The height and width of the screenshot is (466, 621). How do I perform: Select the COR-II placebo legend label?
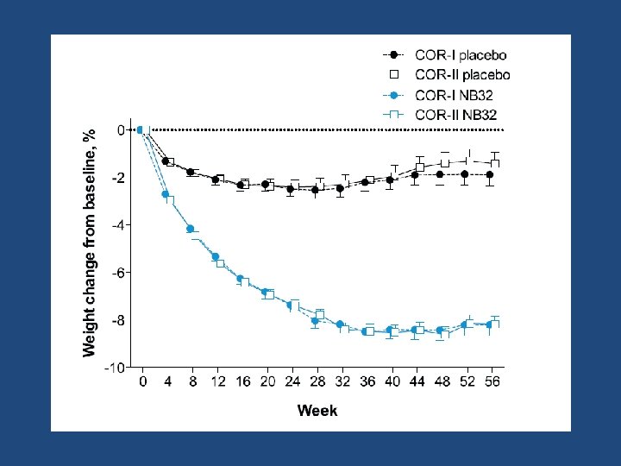tap(462, 74)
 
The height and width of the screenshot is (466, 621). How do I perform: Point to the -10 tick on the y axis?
tap(115, 368)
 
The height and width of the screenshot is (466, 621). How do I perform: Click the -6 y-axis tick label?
tap(118, 273)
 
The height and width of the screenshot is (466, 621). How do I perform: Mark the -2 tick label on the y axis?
tap(118, 178)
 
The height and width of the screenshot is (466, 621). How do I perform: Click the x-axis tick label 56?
tap(492, 381)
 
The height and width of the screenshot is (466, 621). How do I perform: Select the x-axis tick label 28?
tap(317, 381)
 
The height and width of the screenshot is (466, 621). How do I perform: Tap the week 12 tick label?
tap(217, 381)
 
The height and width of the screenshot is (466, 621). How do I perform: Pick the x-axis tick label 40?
tap(392, 381)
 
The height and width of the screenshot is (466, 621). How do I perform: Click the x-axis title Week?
tap(317, 411)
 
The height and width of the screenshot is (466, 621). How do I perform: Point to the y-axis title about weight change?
tap(89, 242)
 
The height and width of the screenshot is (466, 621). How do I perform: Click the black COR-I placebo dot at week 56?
tap(490, 174)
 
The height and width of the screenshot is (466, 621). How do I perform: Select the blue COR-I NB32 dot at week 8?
tap(190, 229)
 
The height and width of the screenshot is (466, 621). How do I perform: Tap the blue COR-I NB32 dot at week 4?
tap(165, 194)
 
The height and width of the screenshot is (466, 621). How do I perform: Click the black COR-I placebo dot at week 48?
tap(440, 174)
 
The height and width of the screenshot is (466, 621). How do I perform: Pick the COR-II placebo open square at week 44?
tap(420, 167)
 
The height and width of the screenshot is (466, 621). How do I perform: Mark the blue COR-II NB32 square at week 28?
tap(320, 316)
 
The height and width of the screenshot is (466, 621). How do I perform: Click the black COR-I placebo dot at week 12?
tap(215, 179)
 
